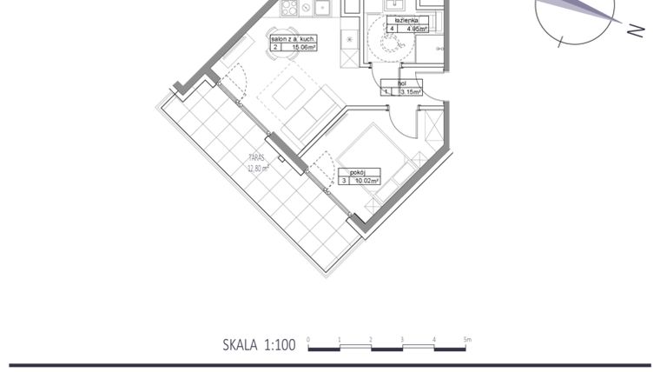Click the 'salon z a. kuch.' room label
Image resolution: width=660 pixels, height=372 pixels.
click(x=294, y=40)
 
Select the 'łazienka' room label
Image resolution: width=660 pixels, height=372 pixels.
click(x=406, y=18)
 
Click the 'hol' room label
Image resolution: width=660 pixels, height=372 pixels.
click(x=402, y=83)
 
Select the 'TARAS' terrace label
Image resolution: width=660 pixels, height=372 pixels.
click(x=255, y=159)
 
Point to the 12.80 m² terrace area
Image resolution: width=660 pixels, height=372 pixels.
click(x=256, y=168)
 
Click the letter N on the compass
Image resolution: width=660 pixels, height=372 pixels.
click(x=636, y=30)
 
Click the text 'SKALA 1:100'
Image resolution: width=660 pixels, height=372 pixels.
click(x=259, y=345)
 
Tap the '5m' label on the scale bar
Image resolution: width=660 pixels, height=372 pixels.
click(x=466, y=339)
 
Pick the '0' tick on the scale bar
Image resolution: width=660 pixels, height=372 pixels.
click(x=308, y=339)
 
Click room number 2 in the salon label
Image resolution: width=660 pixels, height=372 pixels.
click(x=275, y=49)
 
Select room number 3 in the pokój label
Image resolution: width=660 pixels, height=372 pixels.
click(x=345, y=181)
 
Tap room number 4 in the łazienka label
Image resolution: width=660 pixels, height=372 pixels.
click(x=393, y=28)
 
